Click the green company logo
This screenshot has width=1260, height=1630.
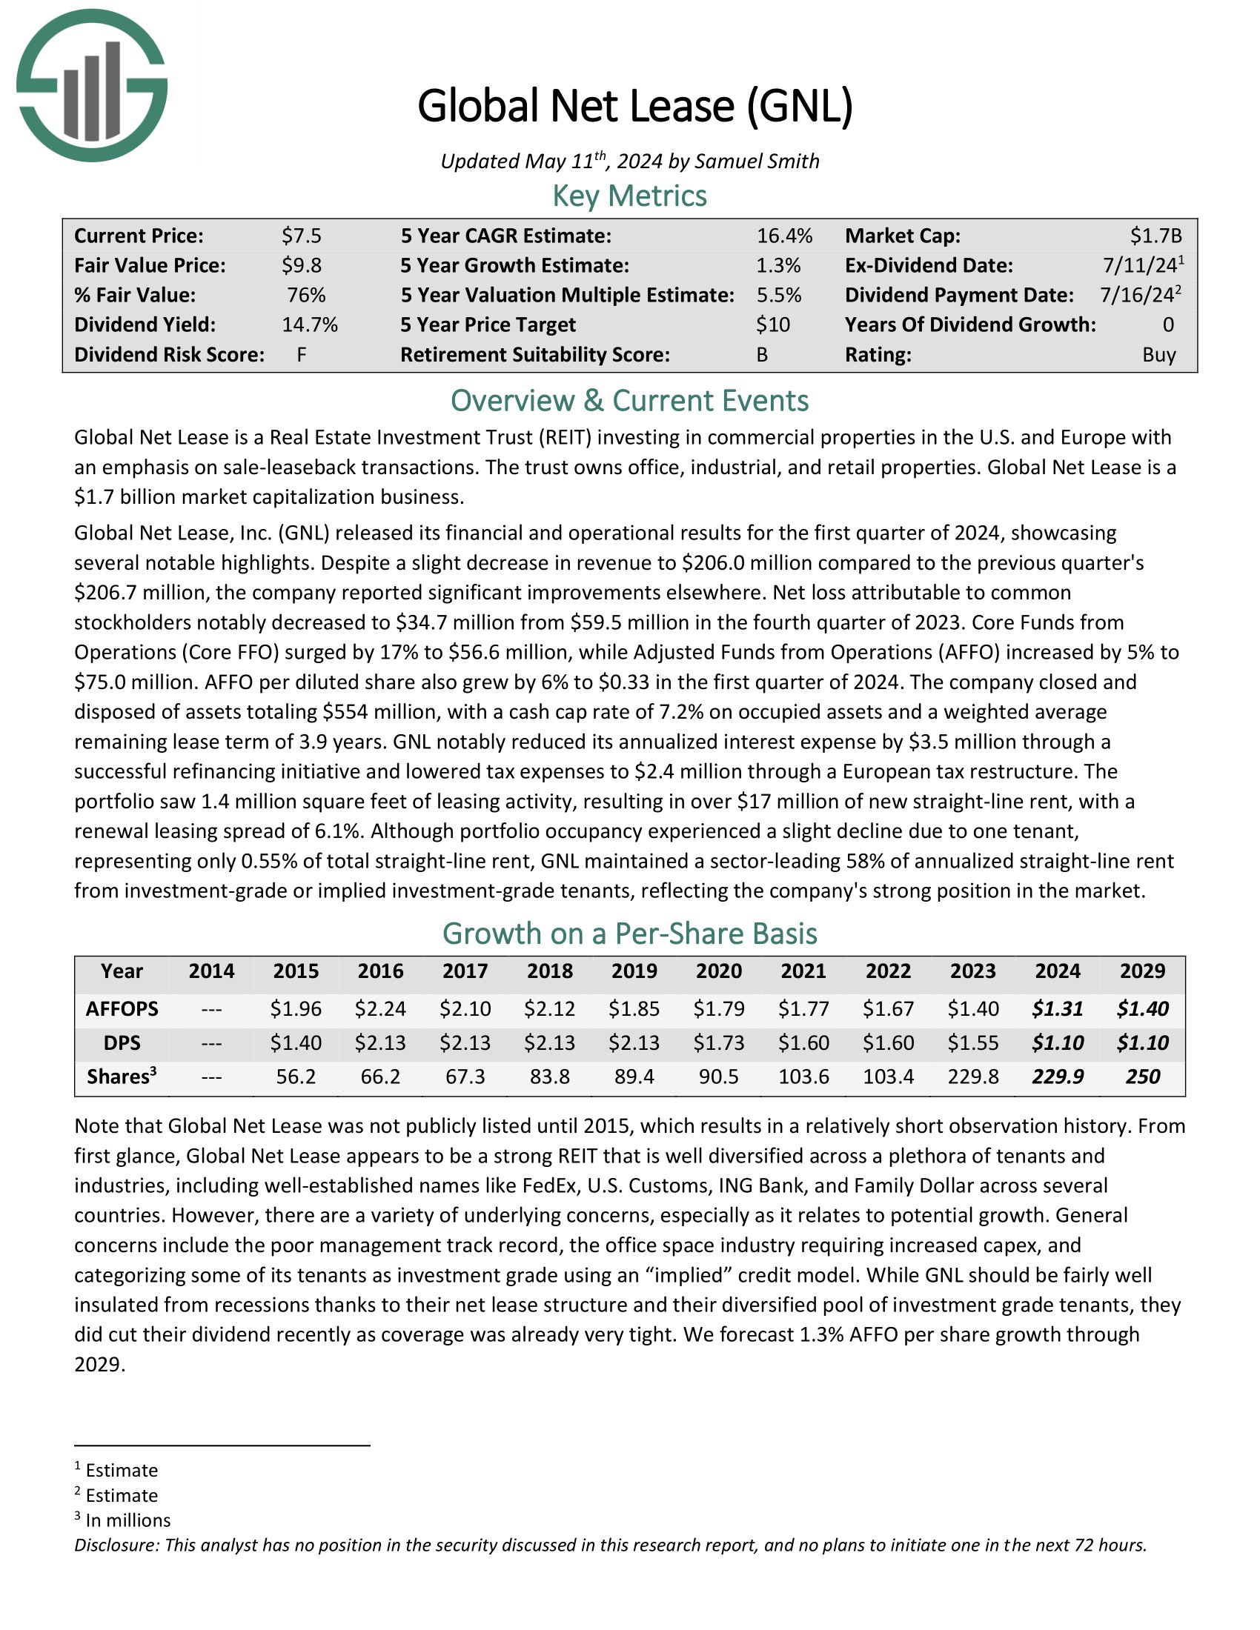[92, 85]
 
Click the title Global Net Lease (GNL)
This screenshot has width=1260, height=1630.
[634, 105]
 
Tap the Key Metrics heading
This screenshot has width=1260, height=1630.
[629, 196]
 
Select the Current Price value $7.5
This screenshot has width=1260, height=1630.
[302, 236]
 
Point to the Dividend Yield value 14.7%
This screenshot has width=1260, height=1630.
[310, 325]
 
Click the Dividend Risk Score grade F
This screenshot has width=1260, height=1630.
[302, 354]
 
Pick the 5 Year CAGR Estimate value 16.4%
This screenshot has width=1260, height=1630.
[784, 236]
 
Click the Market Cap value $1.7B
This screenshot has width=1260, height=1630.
[1155, 236]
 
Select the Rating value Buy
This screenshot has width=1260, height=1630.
[1159, 354]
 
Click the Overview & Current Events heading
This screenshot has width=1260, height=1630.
[629, 401]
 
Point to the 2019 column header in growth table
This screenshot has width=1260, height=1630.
[634, 971]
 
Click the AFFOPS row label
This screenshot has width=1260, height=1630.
[122, 1009]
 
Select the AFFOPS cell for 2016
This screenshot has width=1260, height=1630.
[381, 1009]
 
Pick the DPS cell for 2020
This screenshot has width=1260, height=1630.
[719, 1042]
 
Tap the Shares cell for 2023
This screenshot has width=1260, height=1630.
[972, 1077]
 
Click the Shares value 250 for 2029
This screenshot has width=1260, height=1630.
[1142, 1077]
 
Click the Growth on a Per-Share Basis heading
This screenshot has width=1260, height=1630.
[629, 934]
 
